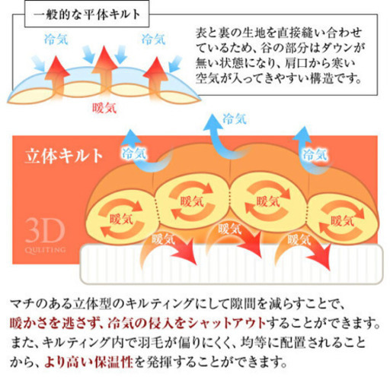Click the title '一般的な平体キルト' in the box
click(x=87, y=14)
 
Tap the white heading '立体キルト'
click(x=64, y=156)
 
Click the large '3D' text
click(x=45, y=231)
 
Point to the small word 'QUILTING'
click(x=45, y=250)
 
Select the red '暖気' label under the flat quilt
click(x=104, y=108)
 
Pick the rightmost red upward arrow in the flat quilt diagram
click(x=155, y=78)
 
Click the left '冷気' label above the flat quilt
click(x=56, y=40)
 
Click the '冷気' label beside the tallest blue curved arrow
click(x=235, y=119)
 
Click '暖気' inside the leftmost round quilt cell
click(x=121, y=219)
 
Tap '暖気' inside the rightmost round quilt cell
click(x=342, y=221)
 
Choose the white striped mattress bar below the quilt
click(x=232, y=264)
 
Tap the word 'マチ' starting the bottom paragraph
click(x=22, y=304)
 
